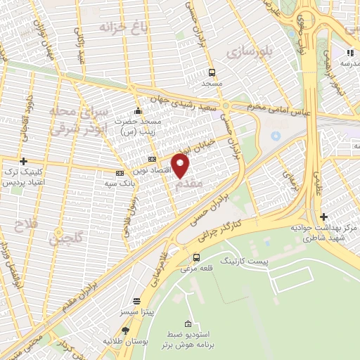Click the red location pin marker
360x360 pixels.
[x=181, y=166]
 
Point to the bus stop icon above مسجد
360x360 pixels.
[x=212, y=72]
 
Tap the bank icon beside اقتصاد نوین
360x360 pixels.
[x=152, y=160]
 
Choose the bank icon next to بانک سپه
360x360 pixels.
[x=120, y=173]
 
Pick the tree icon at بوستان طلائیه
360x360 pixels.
[x=126, y=330]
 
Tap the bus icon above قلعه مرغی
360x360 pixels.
[x=196, y=257]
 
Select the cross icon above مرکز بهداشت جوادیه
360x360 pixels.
[x=323, y=217]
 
